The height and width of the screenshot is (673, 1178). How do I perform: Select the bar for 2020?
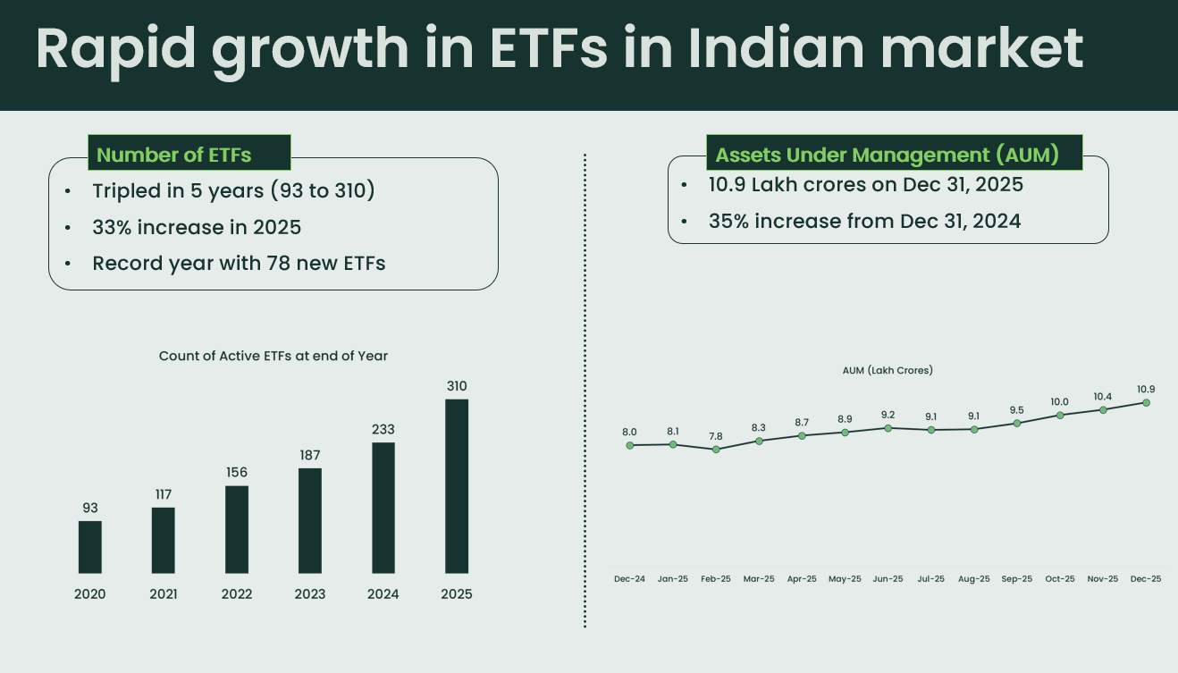click(90, 546)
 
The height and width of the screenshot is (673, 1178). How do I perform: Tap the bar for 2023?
click(310, 520)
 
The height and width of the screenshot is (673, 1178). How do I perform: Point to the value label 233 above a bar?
click(383, 429)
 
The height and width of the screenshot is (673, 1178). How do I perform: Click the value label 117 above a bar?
click(163, 494)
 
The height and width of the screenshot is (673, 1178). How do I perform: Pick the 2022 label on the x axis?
click(237, 594)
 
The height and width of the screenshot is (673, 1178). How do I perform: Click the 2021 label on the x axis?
click(164, 594)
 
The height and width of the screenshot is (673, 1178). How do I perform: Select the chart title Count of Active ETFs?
click(273, 356)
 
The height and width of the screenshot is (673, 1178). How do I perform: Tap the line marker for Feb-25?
click(716, 449)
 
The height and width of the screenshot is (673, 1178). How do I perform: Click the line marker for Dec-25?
click(1146, 402)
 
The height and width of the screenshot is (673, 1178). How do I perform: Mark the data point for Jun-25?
click(888, 428)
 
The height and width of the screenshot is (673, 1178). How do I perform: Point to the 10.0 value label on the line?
click(1060, 401)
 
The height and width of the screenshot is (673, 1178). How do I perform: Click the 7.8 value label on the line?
click(716, 436)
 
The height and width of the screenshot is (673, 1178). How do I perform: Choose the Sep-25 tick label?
click(1017, 579)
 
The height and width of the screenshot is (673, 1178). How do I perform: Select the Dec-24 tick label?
click(629, 579)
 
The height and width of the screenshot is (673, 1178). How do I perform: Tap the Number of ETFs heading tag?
click(173, 155)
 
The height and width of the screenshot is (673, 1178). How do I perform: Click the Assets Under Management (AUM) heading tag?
click(887, 155)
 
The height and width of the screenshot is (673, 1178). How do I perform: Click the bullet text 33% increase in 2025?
click(197, 227)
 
